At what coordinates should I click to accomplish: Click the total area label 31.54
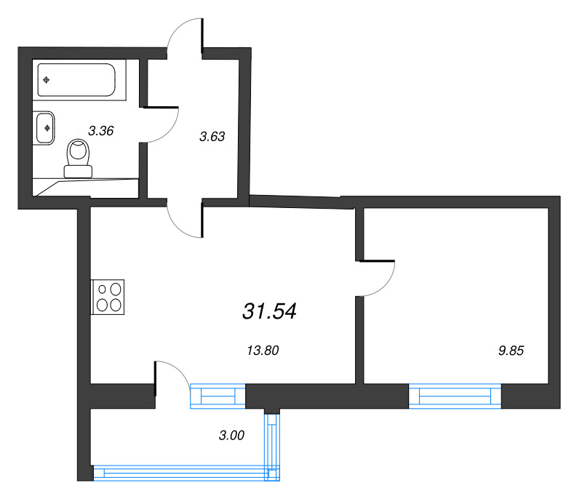coord(269,311)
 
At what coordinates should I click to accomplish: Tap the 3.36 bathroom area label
coord(101,131)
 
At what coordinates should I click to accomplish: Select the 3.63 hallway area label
coord(212,135)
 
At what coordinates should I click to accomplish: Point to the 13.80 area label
coord(263,350)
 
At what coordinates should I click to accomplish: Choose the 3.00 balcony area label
coord(231,436)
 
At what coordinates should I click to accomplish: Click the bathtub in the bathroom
coord(80,80)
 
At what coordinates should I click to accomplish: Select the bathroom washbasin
coord(45,128)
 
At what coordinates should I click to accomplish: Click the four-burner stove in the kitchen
coord(108,297)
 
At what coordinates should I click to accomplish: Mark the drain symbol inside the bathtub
coord(46,80)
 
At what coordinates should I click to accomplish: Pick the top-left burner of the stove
coord(102,289)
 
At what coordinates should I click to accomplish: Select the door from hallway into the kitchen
coord(184,221)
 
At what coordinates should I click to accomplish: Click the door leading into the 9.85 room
coord(377,278)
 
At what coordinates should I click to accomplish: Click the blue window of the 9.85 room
coord(455,396)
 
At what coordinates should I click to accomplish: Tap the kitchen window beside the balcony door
coord(218,396)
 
